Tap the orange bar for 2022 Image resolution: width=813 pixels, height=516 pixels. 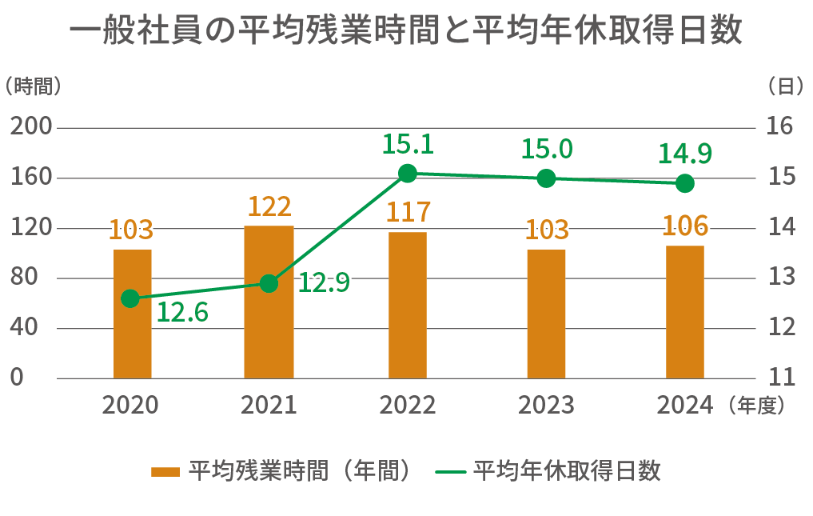click(x=408, y=306)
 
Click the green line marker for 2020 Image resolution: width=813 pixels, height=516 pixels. click(x=130, y=298)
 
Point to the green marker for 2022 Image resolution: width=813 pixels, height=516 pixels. click(x=408, y=173)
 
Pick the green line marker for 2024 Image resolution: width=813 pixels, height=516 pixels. click(x=684, y=183)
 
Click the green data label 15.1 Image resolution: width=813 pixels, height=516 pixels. click(x=408, y=145)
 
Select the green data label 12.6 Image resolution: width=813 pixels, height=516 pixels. click(x=181, y=312)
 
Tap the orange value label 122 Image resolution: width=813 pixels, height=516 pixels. click(x=269, y=207)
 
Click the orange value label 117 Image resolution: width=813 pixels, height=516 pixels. click(x=408, y=213)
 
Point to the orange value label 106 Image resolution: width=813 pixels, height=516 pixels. click(x=685, y=226)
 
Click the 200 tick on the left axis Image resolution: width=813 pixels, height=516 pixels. click(x=31, y=127)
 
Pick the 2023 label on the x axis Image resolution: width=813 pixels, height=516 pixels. click(x=546, y=405)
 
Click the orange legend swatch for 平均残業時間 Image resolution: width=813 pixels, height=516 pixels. click(x=165, y=471)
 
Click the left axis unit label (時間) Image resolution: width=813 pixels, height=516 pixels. click(x=33, y=86)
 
